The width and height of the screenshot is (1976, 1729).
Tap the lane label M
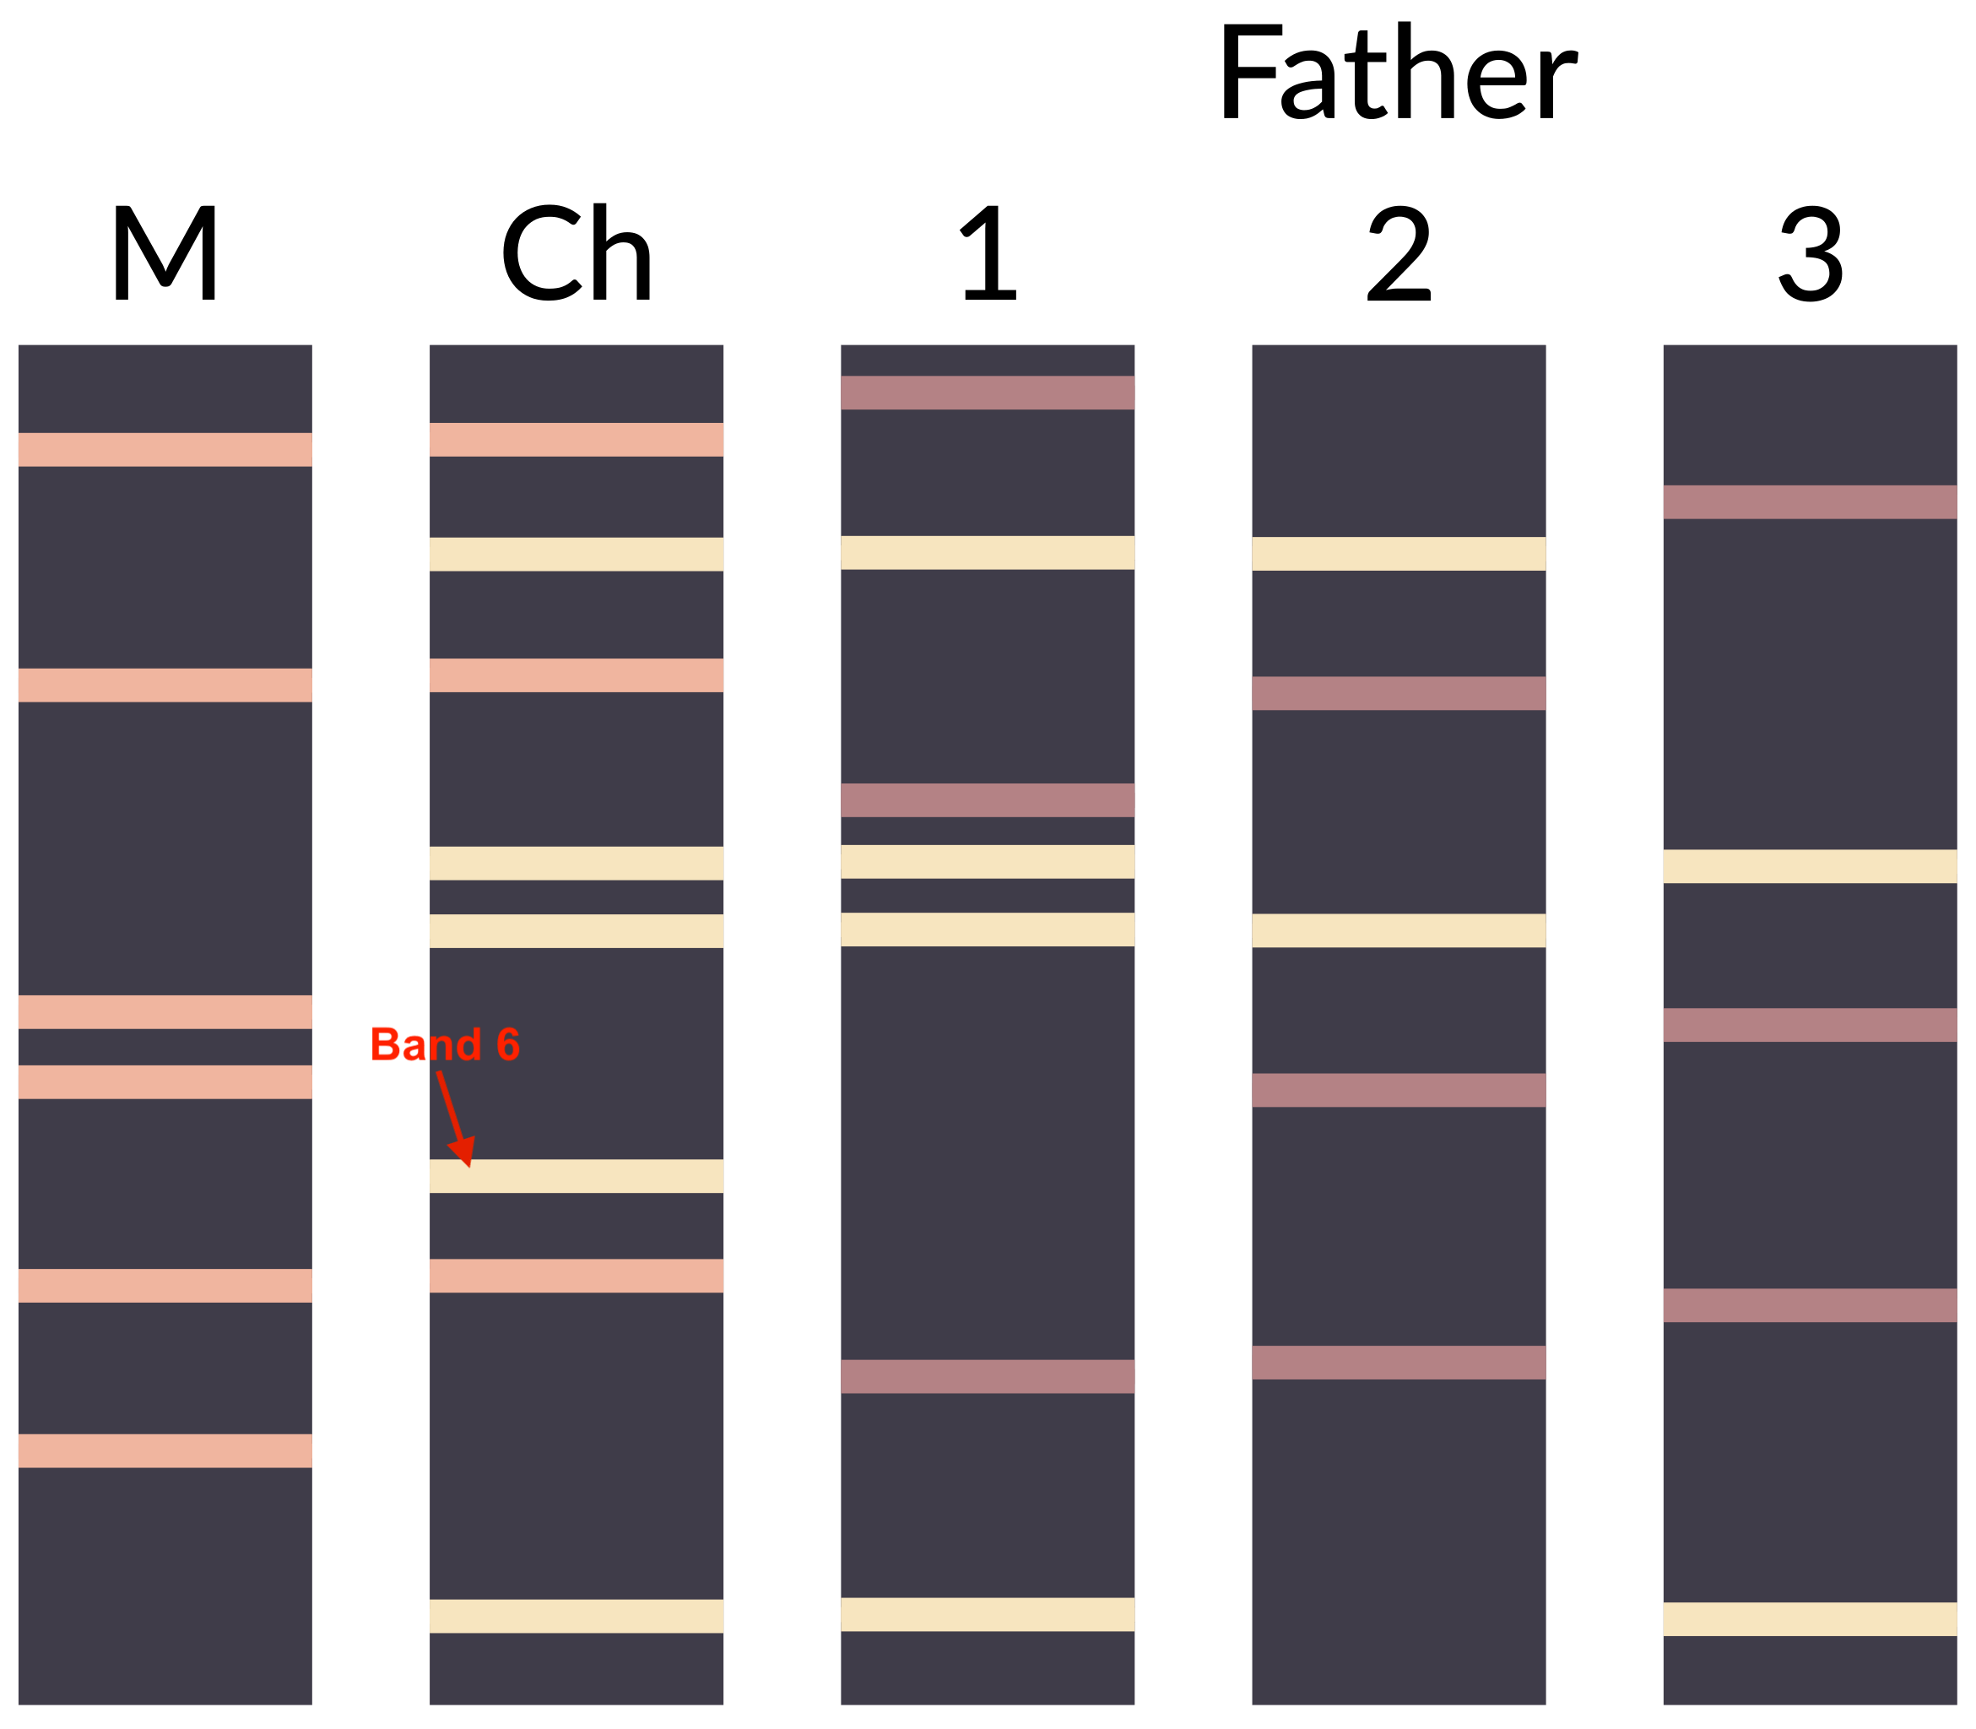tap(165, 252)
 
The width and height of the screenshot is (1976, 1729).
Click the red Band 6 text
tap(445, 1045)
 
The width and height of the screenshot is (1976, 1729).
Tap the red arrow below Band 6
tap(456, 1119)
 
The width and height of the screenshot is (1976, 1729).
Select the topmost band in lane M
tap(165, 450)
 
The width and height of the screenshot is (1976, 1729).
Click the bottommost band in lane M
tap(165, 1450)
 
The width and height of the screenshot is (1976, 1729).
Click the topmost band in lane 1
tap(987, 393)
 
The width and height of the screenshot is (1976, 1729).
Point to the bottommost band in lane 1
tap(987, 1614)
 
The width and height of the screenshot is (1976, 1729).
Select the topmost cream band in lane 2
tap(1398, 554)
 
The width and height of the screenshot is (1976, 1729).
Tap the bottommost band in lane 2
tap(1398, 1363)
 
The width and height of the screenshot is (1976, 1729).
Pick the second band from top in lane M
tap(165, 685)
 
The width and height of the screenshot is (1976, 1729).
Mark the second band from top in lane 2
tap(1398, 693)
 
